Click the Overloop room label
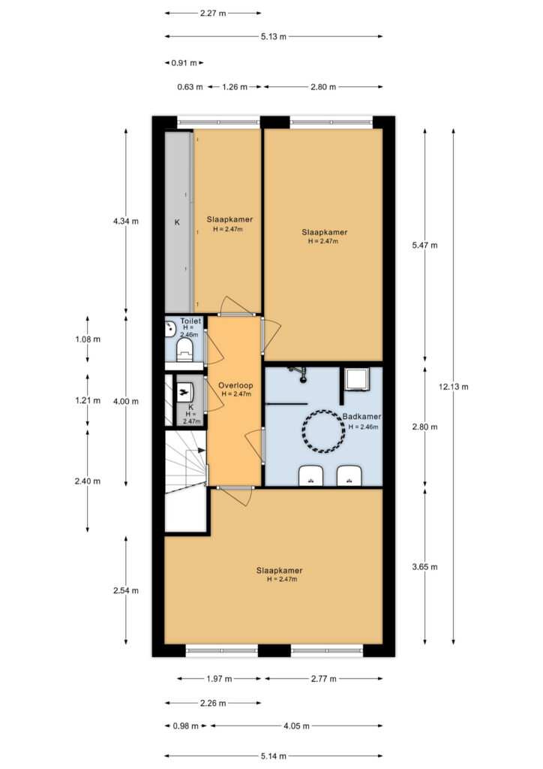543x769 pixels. click(x=235, y=385)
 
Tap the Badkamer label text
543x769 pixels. click(x=361, y=416)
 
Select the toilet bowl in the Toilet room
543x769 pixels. click(x=184, y=350)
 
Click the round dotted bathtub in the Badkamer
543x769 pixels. click(x=322, y=432)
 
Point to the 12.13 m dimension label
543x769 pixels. click(x=454, y=387)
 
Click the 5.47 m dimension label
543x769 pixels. click(x=425, y=246)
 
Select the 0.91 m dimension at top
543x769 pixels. click(x=184, y=63)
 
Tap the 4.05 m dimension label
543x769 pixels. click(x=296, y=726)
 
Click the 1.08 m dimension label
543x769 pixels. click(x=88, y=339)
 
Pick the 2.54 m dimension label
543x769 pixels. click(x=126, y=590)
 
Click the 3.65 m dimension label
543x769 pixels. click(x=425, y=567)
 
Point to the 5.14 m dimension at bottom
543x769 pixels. click(x=273, y=756)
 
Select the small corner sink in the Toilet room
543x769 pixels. click(x=170, y=329)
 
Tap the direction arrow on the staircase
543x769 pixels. click(x=201, y=451)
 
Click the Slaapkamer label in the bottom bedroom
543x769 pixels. click(x=280, y=571)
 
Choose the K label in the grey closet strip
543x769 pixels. click(x=177, y=222)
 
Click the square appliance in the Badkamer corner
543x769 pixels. click(x=357, y=380)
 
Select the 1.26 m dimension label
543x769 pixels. click(x=235, y=87)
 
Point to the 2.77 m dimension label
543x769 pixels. click(x=324, y=679)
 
